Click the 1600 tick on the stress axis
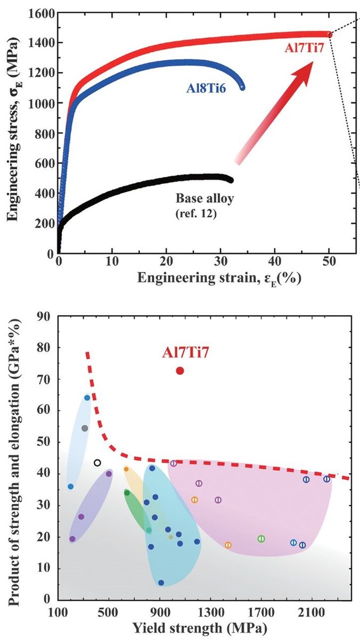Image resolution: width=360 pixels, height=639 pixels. [39, 12]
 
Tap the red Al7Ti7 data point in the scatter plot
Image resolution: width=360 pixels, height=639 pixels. [180, 371]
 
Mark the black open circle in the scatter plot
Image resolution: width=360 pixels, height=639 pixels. [97, 463]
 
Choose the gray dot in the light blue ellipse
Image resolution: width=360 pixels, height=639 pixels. [85, 428]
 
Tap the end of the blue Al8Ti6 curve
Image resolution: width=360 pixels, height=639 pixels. [243, 87]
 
